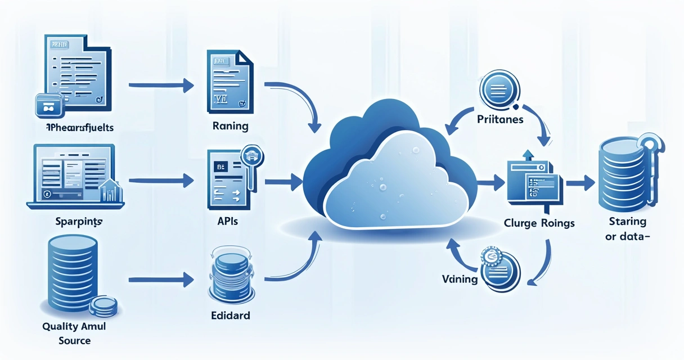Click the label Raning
click(x=231, y=125)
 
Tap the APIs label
click(x=227, y=221)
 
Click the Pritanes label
click(x=499, y=119)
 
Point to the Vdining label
click(x=460, y=278)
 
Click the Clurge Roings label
click(x=539, y=223)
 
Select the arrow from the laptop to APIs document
click(x=161, y=181)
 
